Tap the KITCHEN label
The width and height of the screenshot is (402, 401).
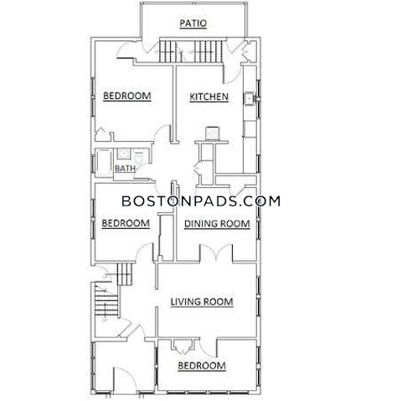pos(209,97)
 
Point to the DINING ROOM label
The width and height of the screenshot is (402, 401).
pos(217,223)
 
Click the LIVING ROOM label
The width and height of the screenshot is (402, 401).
pos(202,302)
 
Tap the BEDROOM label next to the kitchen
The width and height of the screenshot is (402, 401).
pos(126,97)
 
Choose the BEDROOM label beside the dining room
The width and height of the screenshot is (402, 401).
pos(126,223)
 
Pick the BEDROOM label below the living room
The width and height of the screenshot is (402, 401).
pos(202,366)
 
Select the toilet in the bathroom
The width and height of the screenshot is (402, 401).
pos(137,157)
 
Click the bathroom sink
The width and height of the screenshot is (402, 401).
pos(121,155)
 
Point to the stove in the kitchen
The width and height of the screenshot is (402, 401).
pos(210,132)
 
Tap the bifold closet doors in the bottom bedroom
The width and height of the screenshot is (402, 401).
pos(180,345)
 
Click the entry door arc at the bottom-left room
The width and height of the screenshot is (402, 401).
pos(120,379)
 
